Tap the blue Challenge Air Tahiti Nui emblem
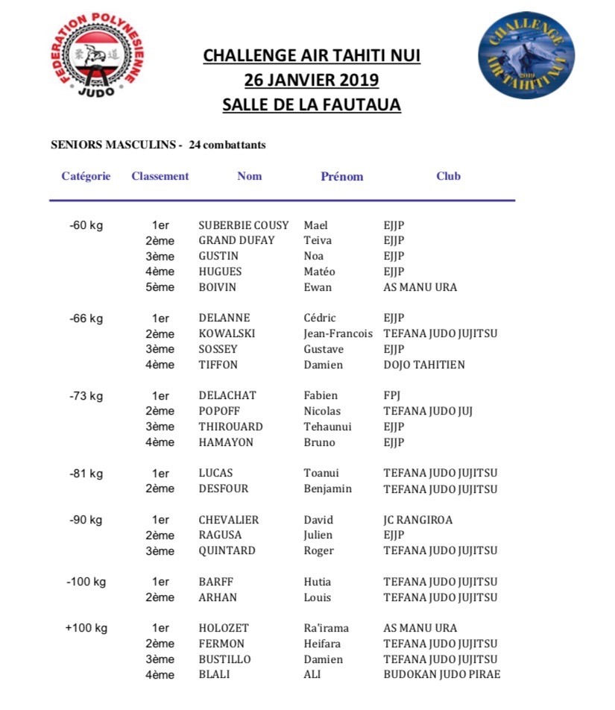(x=526, y=54)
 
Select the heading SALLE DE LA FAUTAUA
(x=312, y=104)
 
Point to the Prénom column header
(x=341, y=177)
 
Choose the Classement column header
(x=160, y=177)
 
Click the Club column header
(x=448, y=177)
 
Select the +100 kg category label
(x=86, y=628)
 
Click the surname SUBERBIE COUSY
(x=244, y=225)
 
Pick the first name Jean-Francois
(x=338, y=333)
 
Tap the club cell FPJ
(x=392, y=396)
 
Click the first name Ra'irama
(x=326, y=628)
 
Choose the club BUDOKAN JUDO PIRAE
(x=441, y=675)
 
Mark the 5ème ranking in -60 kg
(x=160, y=287)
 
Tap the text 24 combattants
(x=227, y=145)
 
